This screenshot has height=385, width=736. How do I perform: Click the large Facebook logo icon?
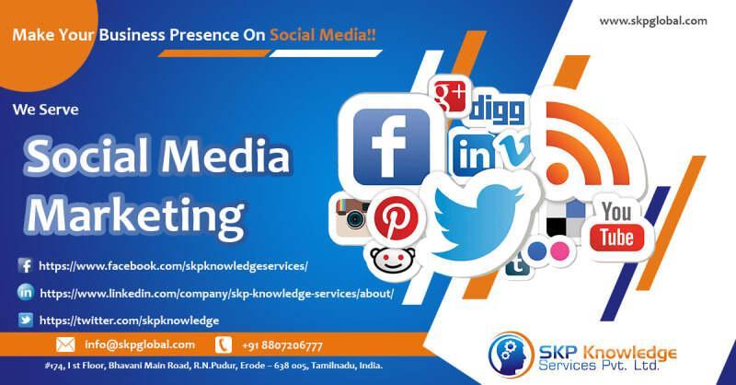pyautogui.click(x=392, y=146)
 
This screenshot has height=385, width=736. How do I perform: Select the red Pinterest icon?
pyautogui.click(x=397, y=218)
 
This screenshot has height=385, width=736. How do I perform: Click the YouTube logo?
pyautogui.click(x=616, y=226)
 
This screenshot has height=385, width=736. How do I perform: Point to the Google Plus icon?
pyautogui.click(x=450, y=97)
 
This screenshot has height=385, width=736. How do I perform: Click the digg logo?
pyautogui.click(x=497, y=111)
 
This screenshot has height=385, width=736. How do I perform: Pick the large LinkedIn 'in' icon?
pyautogui.click(x=473, y=153)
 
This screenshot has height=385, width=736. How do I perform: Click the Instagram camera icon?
pyautogui.click(x=352, y=217)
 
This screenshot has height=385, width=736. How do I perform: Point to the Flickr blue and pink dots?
pyautogui.click(x=548, y=251)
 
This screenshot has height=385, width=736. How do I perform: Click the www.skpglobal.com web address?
pyautogui.click(x=653, y=21)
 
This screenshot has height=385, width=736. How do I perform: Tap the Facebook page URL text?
pyautogui.click(x=173, y=266)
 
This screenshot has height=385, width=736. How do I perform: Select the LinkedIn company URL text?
pyautogui.click(x=216, y=293)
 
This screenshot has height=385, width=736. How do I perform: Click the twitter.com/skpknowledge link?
pyautogui.click(x=129, y=321)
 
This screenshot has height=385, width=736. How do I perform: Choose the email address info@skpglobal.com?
pyautogui.click(x=140, y=344)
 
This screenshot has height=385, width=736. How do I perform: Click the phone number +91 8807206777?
pyautogui.click(x=282, y=345)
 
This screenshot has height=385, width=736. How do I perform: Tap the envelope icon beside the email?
pyautogui.click(x=65, y=344)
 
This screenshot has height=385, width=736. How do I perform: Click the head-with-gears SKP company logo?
pyautogui.click(x=512, y=355)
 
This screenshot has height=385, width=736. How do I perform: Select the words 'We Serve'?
pyautogui.click(x=45, y=110)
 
